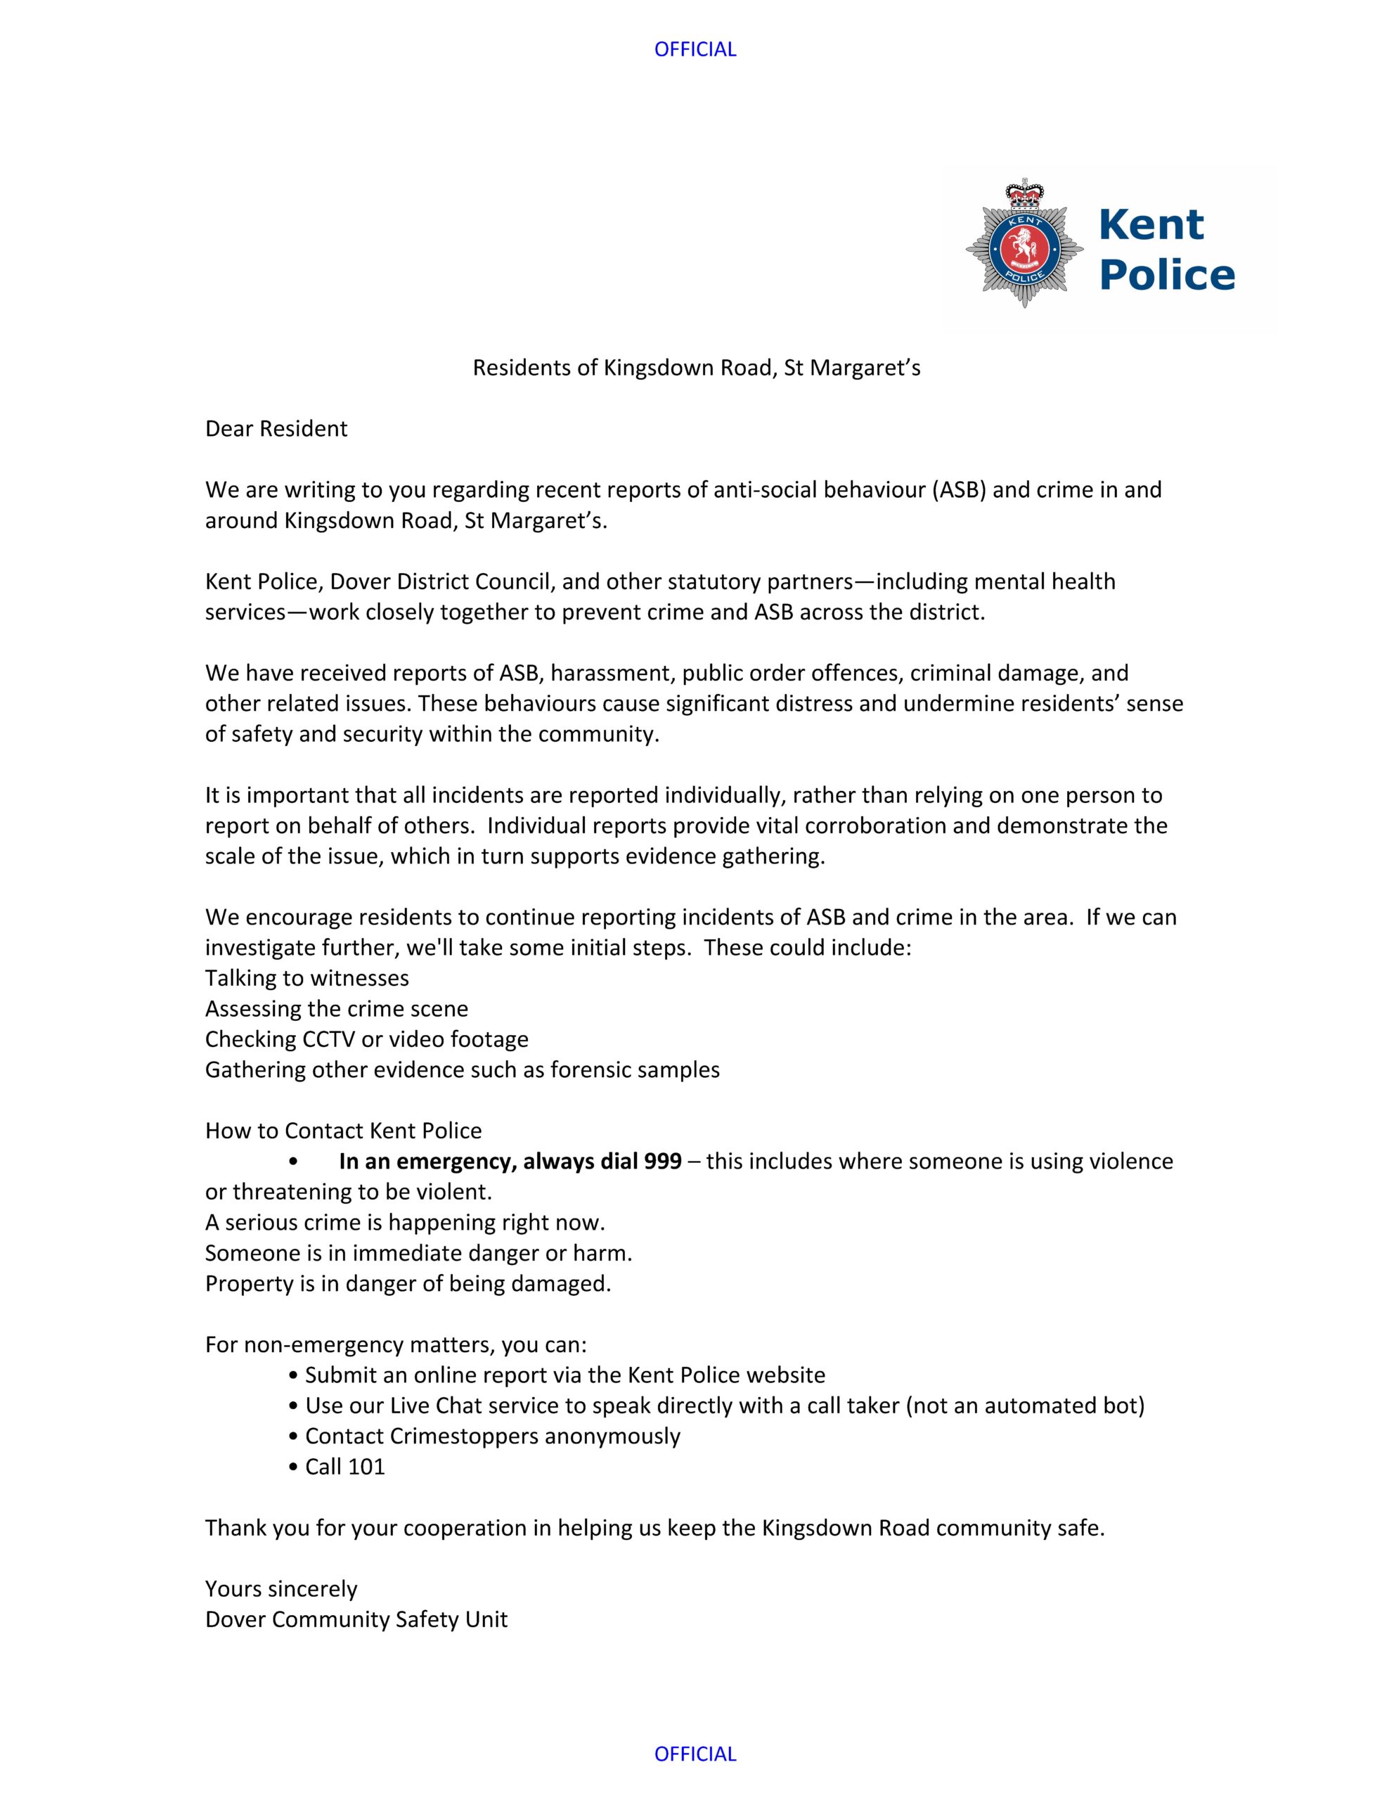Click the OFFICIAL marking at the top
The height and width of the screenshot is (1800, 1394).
pos(695,49)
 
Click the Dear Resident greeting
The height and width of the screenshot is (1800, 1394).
pos(276,429)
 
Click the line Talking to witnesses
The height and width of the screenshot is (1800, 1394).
pos(307,978)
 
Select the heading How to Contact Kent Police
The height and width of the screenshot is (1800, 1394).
pos(344,1131)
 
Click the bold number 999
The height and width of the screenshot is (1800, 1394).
pos(663,1162)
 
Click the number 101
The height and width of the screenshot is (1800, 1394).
pos(366,1466)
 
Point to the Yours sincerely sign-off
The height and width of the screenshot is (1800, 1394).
pos(281,1588)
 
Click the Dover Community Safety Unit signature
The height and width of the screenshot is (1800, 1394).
pos(356,1619)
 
